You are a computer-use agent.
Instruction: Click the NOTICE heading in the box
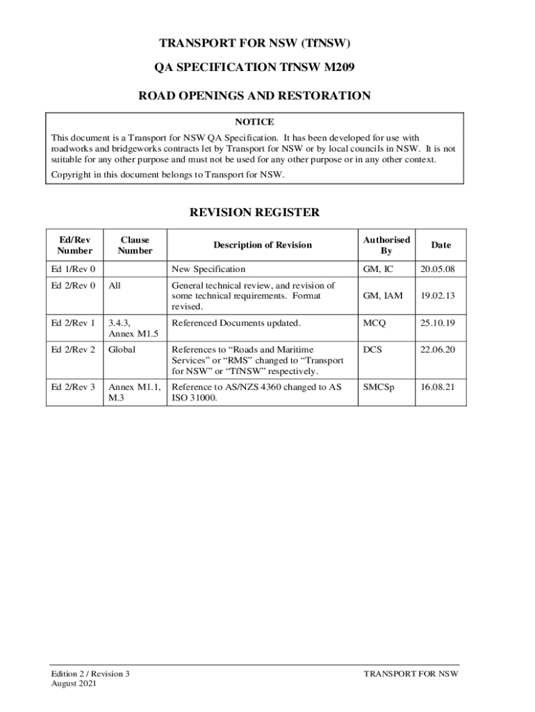(x=254, y=122)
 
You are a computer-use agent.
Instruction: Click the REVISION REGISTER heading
(x=254, y=213)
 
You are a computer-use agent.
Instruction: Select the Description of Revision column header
(x=263, y=245)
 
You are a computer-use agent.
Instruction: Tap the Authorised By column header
(x=386, y=245)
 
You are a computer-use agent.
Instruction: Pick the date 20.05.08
(x=437, y=269)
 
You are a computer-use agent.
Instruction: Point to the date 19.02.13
(x=437, y=296)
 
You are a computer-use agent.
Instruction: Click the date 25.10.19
(x=437, y=323)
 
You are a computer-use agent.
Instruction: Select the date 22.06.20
(x=437, y=350)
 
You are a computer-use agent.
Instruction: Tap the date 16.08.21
(x=437, y=387)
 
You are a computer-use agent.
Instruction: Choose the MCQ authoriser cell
(x=374, y=323)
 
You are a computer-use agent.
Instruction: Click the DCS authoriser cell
(x=372, y=350)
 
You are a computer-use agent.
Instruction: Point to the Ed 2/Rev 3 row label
(x=73, y=387)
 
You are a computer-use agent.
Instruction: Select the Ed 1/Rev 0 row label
(x=73, y=269)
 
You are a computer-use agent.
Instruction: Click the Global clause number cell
(x=122, y=350)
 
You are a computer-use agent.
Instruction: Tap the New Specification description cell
(x=208, y=269)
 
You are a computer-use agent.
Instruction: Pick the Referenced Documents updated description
(x=236, y=323)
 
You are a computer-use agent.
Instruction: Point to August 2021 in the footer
(x=74, y=684)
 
